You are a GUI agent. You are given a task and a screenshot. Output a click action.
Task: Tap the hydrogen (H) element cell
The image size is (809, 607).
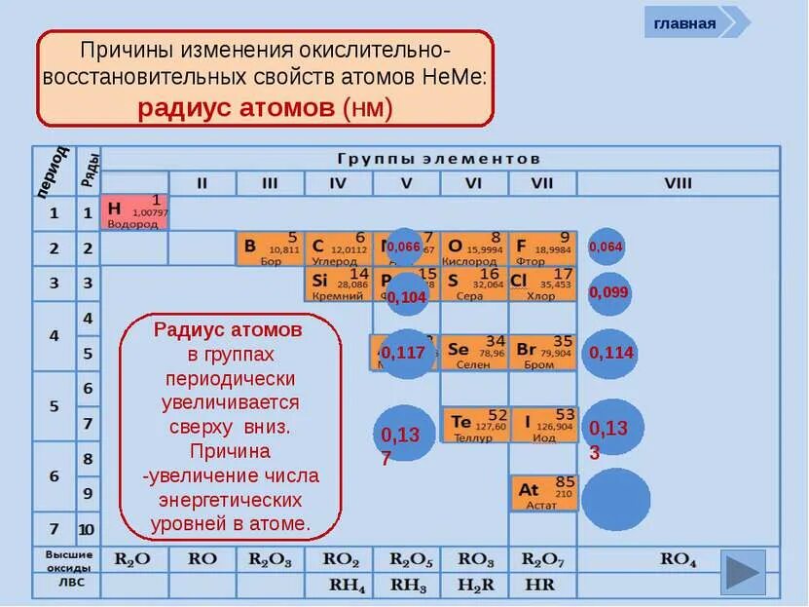tap(134, 212)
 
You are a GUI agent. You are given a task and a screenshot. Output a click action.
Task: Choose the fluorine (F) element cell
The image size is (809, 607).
tap(542, 248)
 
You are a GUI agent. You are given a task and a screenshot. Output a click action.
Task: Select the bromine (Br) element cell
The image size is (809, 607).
tap(542, 352)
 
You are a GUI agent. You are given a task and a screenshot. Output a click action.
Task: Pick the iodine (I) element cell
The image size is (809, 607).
tap(542, 425)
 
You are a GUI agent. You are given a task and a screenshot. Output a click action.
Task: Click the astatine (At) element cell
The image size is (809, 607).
tap(542, 493)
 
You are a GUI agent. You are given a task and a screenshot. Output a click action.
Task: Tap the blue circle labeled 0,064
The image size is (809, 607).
tap(606, 247)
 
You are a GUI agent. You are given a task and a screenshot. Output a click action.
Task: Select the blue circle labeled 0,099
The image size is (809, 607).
tap(609, 293)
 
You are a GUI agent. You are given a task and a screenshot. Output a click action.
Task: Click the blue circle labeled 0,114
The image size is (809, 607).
tap(609, 353)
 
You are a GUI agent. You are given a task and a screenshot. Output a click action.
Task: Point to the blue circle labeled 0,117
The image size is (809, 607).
tap(403, 353)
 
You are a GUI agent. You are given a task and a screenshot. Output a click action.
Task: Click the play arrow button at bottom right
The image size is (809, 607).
tap(745, 572)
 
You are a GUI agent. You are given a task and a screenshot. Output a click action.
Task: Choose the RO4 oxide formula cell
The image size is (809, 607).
tap(679, 559)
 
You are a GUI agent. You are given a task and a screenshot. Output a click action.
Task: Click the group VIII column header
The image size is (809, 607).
tap(679, 182)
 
